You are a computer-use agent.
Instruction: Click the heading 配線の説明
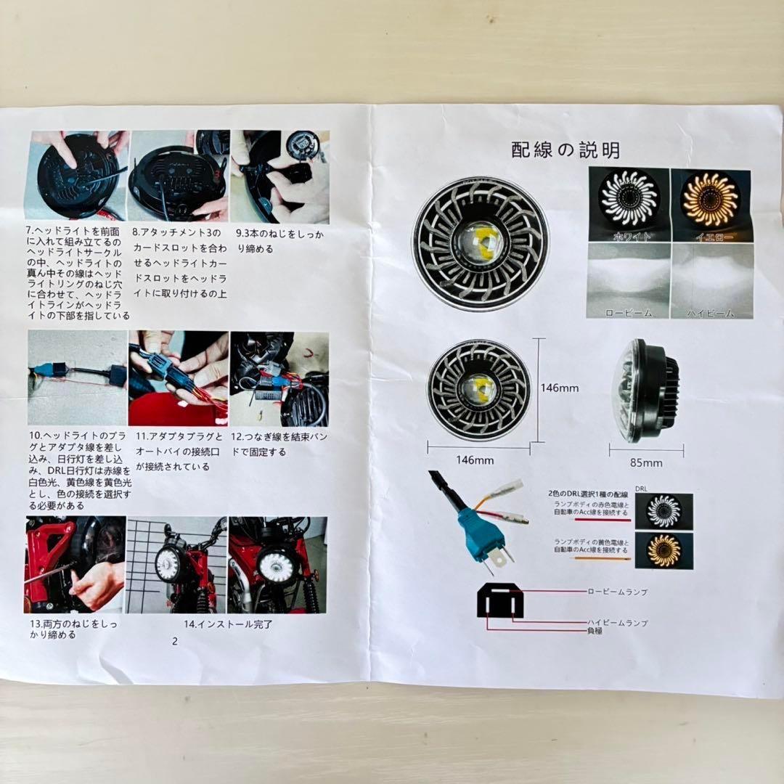(565, 150)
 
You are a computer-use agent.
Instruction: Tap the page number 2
(175, 641)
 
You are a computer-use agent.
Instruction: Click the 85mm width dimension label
(645, 462)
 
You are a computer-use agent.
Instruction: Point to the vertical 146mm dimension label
(560, 388)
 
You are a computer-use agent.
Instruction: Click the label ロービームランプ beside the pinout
(617, 592)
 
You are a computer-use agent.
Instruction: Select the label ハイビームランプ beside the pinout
(618, 623)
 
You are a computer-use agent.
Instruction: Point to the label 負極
(595, 632)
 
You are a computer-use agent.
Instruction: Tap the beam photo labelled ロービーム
(629, 280)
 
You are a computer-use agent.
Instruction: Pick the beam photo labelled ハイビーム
(711, 280)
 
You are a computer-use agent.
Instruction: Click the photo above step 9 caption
(280, 176)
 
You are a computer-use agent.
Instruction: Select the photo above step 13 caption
(75, 565)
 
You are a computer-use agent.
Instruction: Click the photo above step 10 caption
(77, 378)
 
